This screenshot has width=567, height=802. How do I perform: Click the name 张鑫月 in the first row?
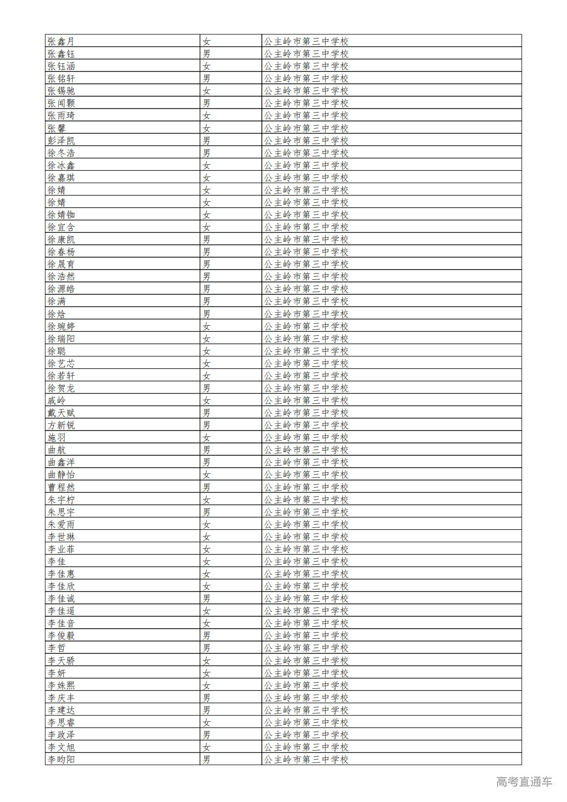point(61,41)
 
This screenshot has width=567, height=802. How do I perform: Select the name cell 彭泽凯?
point(61,140)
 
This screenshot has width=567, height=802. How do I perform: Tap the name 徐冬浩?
point(61,153)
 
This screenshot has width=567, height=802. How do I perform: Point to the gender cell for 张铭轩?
point(206,78)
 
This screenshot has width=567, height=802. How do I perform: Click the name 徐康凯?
point(61,239)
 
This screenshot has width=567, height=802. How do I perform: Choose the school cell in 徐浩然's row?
point(306,276)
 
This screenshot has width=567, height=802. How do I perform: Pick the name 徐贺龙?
point(61,388)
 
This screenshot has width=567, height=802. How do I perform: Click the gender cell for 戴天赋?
point(206,413)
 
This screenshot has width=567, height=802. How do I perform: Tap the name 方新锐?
point(61,425)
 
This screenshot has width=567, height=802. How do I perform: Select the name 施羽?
point(57,437)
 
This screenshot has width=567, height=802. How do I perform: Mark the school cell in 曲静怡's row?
point(306,474)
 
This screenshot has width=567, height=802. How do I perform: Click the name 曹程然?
point(61,487)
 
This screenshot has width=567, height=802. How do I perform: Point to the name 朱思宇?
point(61,512)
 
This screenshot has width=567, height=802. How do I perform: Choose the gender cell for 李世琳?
point(206,537)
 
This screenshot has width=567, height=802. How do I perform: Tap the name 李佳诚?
point(61,598)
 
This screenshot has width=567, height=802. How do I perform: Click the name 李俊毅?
point(61,635)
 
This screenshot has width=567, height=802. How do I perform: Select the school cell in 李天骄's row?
point(306,661)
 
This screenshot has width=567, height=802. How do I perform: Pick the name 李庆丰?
point(61,698)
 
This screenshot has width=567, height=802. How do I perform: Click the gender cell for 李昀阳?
point(206,759)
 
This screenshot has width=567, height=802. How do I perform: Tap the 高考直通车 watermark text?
point(524,781)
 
